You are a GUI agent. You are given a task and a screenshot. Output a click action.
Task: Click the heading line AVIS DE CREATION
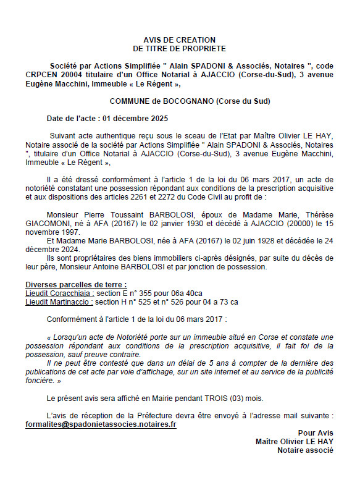click(x=179, y=39)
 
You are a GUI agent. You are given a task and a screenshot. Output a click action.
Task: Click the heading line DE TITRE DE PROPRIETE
click(x=179, y=48)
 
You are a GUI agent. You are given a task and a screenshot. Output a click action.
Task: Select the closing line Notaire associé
click(x=305, y=450)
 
